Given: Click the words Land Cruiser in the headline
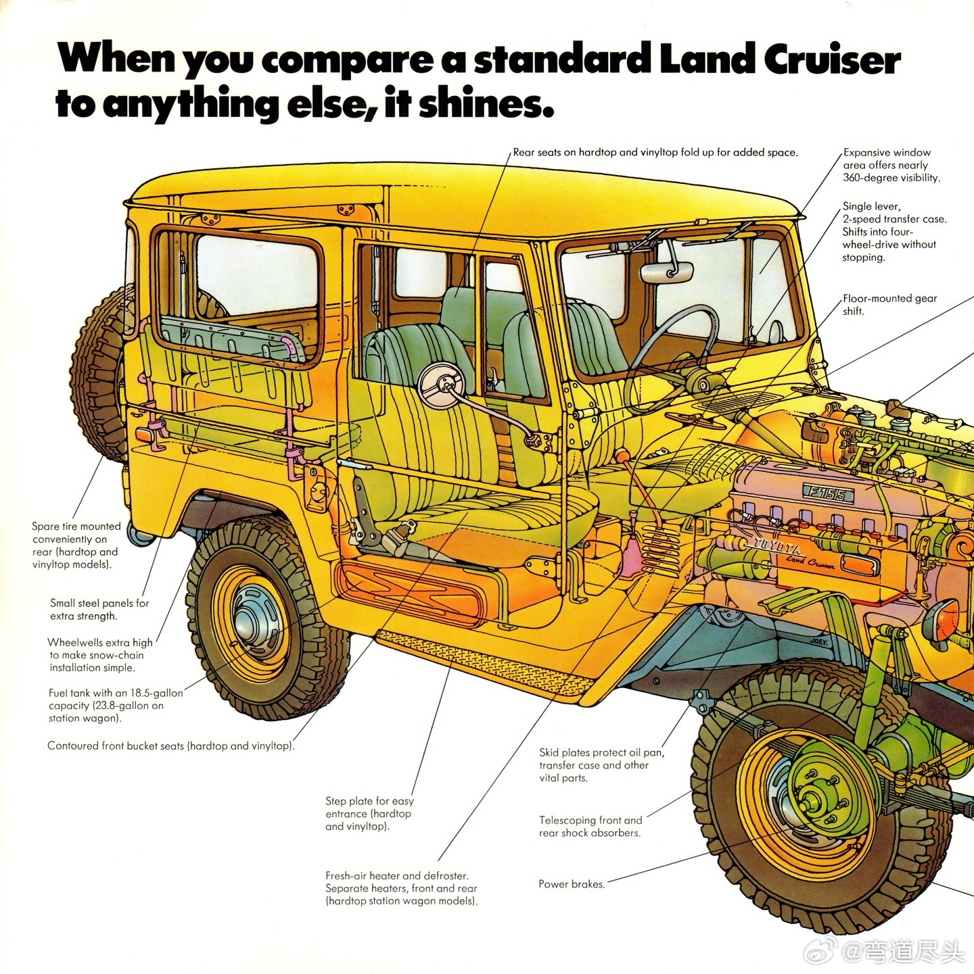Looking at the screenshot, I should click(x=780, y=59).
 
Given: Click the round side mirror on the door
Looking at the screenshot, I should click(x=440, y=385).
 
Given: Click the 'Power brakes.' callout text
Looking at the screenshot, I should click(x=572, y=883).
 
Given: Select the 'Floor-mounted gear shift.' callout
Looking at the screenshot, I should click(x=889, y=304).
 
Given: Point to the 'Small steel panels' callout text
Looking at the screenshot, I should click(x=99, y=609).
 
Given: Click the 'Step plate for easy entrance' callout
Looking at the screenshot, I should click(x=369, y=813).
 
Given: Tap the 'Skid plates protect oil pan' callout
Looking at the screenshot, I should click(x=601, y=764).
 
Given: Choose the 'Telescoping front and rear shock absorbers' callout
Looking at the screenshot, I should click(x=590, y=826).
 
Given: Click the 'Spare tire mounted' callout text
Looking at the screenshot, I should click(x=76, y=545).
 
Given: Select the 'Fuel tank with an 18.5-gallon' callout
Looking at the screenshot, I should click(x=115, y=705).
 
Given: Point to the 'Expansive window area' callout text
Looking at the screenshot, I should click(x=891, y=165).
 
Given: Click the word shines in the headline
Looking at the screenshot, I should click(x=480, y=105).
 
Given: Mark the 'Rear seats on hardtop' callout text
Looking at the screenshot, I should click(x=655, y=152).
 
